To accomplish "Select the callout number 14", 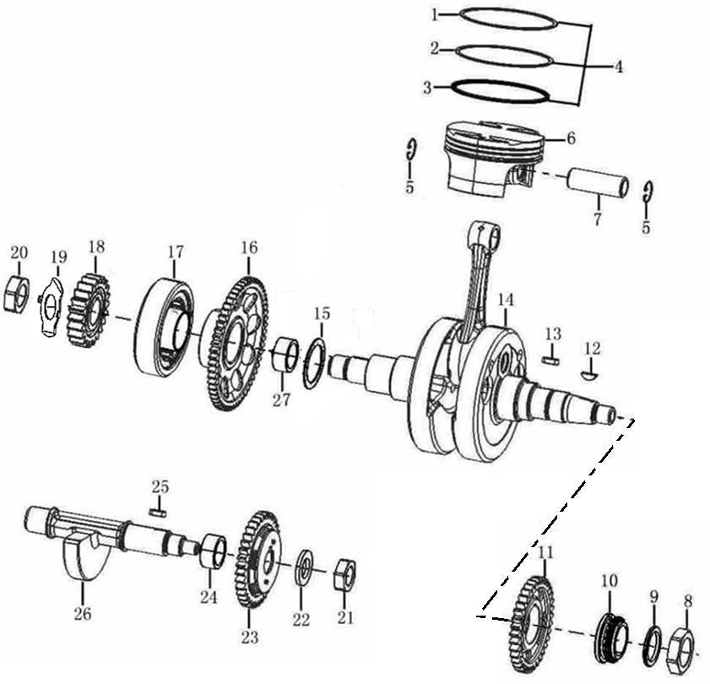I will click(x=505, y=300).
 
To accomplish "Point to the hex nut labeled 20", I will click(x=17, y=294).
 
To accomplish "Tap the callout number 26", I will click(x=82, y=614).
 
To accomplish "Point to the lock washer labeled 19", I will click(x=52, y=307).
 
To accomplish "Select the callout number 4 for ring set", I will click(x=619, y=66).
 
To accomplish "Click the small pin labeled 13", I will click(x=551, y=360).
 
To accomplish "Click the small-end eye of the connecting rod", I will click(x=485, y=233).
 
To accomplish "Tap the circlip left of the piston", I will click(x=410, y=150).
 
